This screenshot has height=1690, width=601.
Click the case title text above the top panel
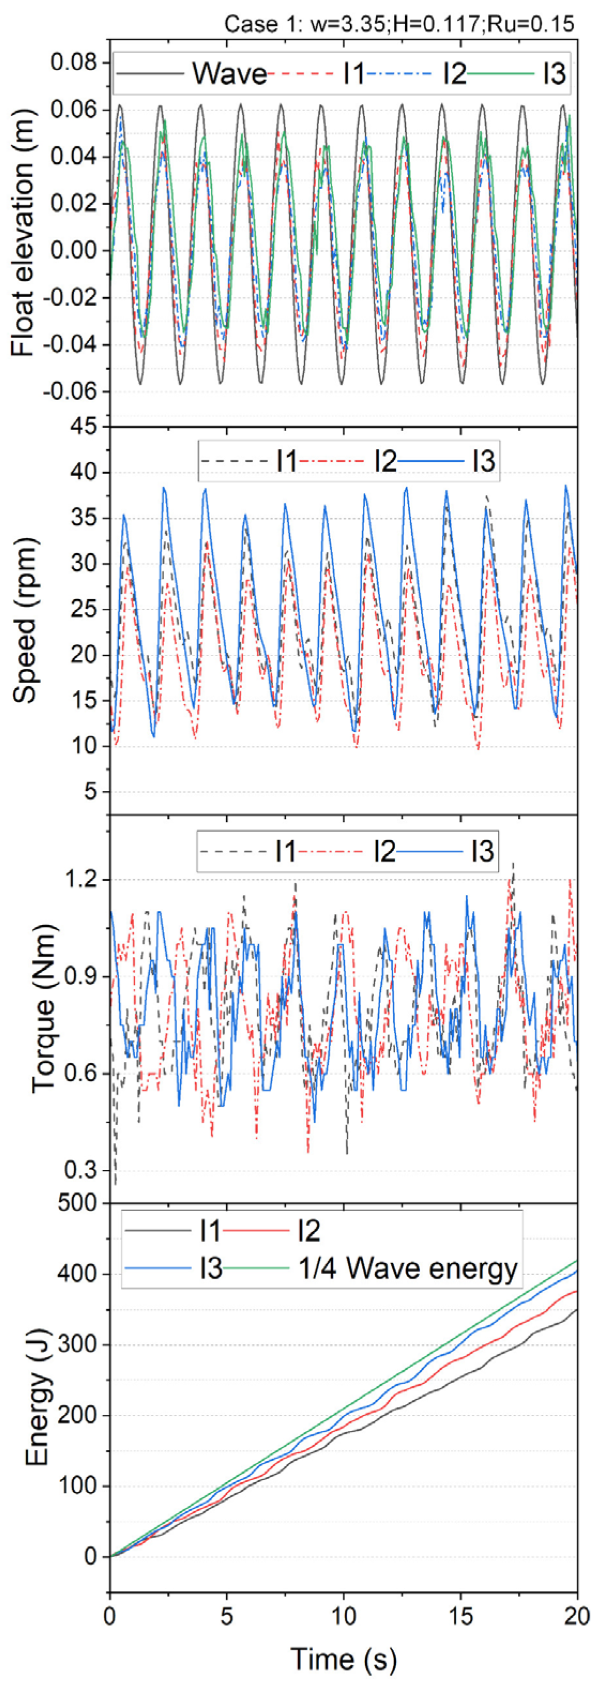399,24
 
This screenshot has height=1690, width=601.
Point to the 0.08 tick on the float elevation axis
73,63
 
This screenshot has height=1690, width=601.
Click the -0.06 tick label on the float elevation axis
69,391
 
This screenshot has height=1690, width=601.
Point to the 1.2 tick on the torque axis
81,879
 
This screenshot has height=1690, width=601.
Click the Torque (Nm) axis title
43,1008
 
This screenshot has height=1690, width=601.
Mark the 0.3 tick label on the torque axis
81,1170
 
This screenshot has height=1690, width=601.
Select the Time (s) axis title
343,1659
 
